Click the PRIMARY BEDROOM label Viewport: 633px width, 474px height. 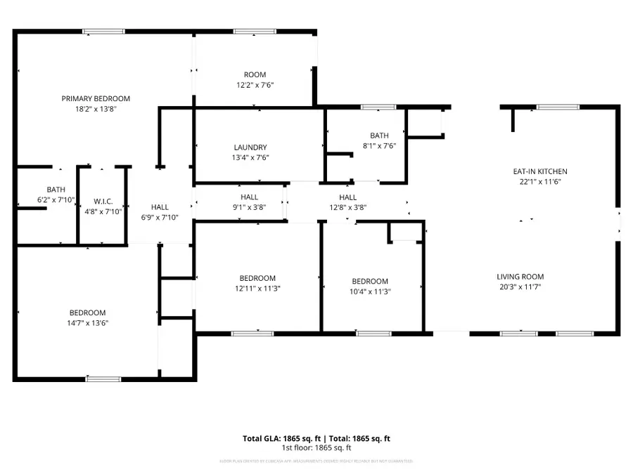click(96, 99)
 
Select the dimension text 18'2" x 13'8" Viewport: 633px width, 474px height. click(96, 109)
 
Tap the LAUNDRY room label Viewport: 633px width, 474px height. click(250, 147)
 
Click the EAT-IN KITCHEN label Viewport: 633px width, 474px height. click(539, 171)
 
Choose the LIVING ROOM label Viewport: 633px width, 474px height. click(520, 277)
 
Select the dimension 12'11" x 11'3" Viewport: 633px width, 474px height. click(257, 289)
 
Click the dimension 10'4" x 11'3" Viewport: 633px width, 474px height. click(370, 291)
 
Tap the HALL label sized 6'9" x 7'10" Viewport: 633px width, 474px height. click(160, 207)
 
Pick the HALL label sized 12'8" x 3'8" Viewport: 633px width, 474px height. click(347, 197)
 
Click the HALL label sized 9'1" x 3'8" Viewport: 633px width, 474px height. click(249, 197)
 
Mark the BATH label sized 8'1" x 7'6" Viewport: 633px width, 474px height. click(379, 136)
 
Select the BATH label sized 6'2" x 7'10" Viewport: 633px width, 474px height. click(56, 190)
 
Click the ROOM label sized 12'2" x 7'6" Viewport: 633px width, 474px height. click(255, 75)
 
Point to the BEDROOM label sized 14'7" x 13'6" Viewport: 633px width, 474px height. click(87, 313)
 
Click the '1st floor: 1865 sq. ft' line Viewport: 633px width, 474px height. click(316, 448)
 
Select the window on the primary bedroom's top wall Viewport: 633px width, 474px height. click(104, 31)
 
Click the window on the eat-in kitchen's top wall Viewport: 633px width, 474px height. click(558, 107)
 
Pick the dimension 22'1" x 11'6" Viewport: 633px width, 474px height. click(539, 181)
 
